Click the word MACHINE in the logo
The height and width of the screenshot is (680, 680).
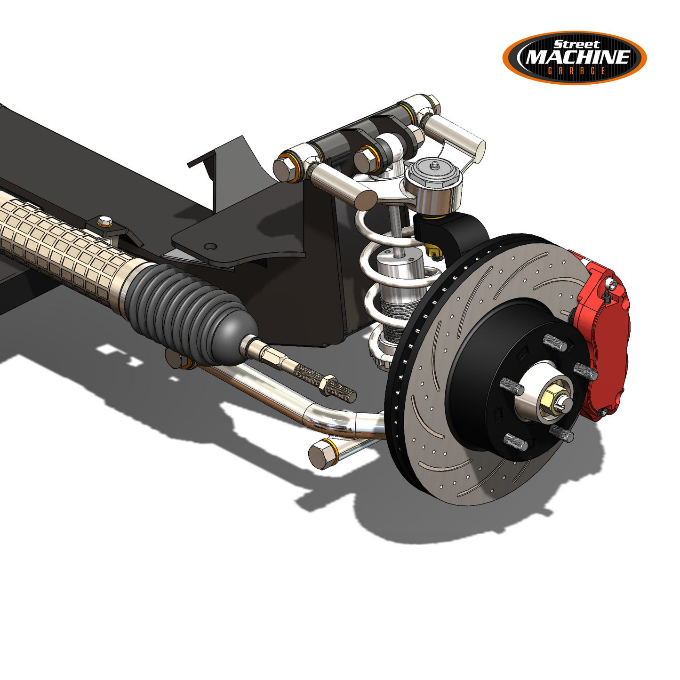(x=577, y=57)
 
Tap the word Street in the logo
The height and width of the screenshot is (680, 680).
(x=576, y=45)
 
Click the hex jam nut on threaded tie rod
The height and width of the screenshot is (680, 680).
(x=327, y=385)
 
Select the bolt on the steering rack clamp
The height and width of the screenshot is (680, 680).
(x=104, y=221)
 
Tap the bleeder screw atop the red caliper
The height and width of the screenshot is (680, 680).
(x=611, y=285)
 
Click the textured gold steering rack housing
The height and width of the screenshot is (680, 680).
(x=61, y=249)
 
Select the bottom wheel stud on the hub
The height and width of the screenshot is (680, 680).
(x=516, y=442)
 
